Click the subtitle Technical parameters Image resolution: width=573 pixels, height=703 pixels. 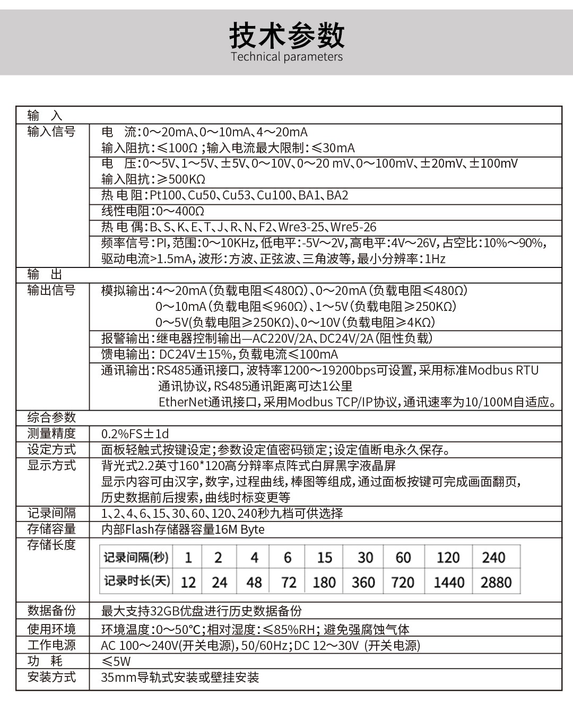[x=286, y=57]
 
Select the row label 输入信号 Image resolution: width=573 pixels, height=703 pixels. [x=51, y=132]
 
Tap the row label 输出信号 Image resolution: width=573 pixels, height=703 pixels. [x=51, y=290]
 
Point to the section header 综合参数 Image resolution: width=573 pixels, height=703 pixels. [x=51, y=418]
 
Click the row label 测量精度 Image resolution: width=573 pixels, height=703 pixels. [x=51, y=433]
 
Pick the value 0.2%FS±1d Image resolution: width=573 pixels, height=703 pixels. [x=135, y=433]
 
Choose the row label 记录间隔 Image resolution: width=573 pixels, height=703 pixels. [x=51, y=513]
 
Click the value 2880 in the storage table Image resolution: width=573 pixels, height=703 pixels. [x=496, y=582]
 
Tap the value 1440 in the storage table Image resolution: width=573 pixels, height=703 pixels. [x=449, y=582]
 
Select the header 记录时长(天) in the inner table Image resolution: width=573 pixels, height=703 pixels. [x=137, y=581]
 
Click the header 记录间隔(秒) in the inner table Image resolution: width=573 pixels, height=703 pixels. [x=136, y=557]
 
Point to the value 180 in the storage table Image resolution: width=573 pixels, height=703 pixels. [x=324, y=582]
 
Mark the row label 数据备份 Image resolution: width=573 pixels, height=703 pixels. [x=51, y=611]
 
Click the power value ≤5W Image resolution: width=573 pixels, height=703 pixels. [x=116, y=661]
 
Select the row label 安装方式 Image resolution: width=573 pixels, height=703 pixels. [x=51, y=677]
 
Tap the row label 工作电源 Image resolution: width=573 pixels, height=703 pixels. [x=51, y=645]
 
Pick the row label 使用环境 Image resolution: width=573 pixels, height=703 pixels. [x=51, y=629]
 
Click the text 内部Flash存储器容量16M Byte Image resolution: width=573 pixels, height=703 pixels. [x=183, y=529]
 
